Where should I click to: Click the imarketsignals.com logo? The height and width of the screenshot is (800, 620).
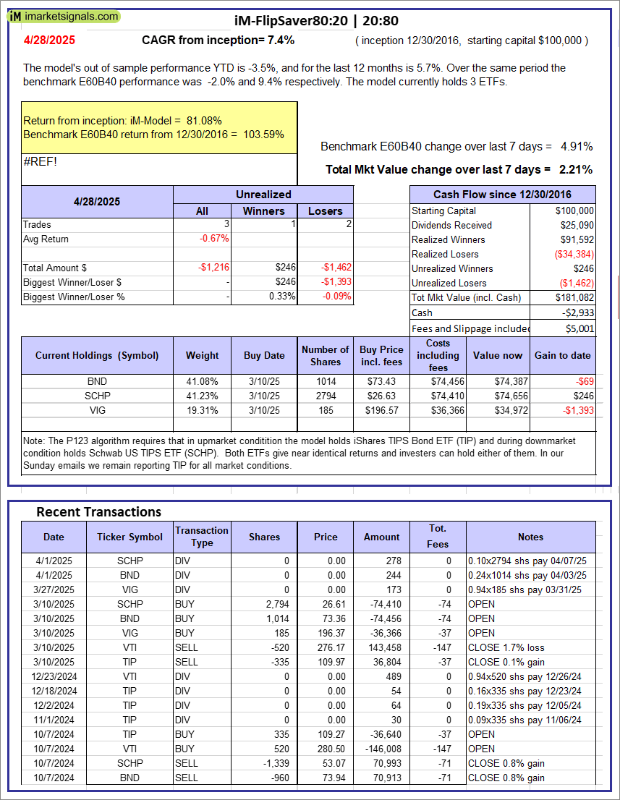(64, 16)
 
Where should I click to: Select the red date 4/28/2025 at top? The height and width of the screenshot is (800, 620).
(48, 41)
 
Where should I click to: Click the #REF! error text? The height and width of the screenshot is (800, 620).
(40, 161)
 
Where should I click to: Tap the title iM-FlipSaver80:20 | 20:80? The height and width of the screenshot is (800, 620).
(316, 21)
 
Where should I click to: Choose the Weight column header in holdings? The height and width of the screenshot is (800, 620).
(202, 355)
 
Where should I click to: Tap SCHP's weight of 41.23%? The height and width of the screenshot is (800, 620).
(202, 396)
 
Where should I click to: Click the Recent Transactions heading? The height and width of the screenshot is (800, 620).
(98, 512)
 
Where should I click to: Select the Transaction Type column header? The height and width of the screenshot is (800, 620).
(202, 537)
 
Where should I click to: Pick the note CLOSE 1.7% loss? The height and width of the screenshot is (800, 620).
(506, 647)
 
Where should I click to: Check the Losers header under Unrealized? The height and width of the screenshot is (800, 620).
(325, 210)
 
